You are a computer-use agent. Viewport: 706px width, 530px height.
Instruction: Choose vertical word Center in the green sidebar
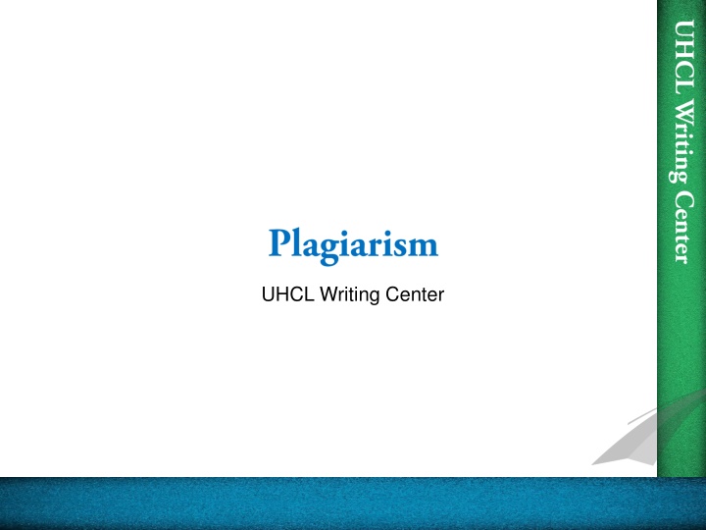coord(677,224)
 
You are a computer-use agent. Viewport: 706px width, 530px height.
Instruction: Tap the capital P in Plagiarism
coord(278,241)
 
